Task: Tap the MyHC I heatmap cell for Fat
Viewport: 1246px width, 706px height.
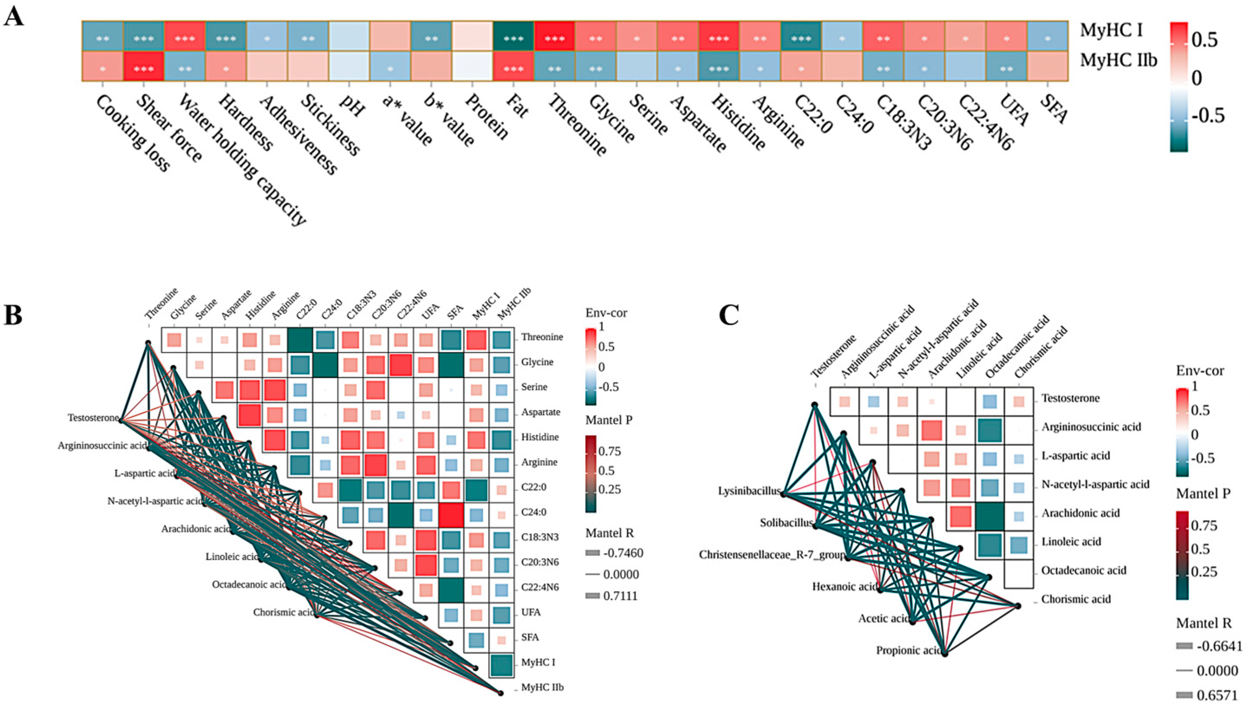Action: pos(514,36)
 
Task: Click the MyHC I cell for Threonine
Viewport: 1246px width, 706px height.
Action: pos(555,36)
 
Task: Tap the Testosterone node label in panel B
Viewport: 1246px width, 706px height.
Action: pos(93,417)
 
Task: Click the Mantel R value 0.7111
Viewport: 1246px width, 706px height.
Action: pos(621,596)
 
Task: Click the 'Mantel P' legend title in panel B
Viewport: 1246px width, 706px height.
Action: pos(609,420)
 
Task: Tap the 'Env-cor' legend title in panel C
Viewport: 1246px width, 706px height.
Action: pos(1200,371)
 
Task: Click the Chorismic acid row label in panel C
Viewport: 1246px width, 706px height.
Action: pos(1076,599)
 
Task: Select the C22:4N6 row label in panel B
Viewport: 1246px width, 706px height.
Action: pos(540,588)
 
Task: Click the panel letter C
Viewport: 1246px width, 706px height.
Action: pos(728,315)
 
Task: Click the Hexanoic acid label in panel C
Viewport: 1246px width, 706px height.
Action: pos(845,587)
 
